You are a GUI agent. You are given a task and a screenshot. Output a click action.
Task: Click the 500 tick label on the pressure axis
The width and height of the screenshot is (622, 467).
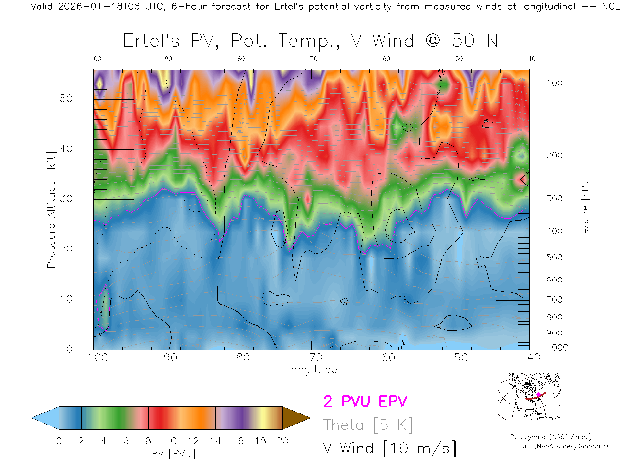point(554,258)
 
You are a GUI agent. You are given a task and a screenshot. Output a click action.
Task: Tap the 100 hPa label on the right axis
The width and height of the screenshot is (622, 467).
point(554,83)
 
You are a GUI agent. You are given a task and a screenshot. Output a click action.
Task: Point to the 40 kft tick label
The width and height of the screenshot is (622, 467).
point(66,149)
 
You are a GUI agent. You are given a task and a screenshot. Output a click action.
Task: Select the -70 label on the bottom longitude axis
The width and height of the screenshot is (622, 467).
point(311,358)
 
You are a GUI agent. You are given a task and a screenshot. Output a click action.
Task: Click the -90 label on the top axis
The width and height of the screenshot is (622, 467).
point(166,59)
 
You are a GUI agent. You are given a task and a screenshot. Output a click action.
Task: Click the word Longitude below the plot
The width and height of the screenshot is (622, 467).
point(311,370)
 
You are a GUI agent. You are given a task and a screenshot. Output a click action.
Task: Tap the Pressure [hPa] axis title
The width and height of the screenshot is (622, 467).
point(585,210)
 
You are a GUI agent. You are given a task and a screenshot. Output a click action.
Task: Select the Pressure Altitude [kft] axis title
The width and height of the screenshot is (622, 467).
point(51,210)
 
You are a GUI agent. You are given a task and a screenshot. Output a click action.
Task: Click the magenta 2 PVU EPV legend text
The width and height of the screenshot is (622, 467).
point(365,401)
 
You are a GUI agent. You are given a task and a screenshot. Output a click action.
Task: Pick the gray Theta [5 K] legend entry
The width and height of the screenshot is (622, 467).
point(368,425)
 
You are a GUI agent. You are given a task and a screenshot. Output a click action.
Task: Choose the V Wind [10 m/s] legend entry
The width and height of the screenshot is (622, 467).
point(390,449)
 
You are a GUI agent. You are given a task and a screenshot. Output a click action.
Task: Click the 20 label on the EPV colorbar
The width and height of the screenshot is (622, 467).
point(282,441)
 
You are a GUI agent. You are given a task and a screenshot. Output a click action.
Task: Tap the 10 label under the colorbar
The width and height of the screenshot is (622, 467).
point(171,441)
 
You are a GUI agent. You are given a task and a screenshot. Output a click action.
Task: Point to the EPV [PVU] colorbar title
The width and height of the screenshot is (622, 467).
point(171,454)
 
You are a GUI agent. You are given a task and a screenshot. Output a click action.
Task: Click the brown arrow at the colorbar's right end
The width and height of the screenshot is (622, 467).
point(295,418)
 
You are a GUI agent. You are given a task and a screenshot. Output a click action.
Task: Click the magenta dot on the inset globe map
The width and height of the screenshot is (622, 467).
point(538,395)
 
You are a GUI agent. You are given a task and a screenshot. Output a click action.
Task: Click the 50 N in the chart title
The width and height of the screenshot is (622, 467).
point(475,41)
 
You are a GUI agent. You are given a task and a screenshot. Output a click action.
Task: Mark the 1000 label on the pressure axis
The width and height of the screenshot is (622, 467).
point(557,348)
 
